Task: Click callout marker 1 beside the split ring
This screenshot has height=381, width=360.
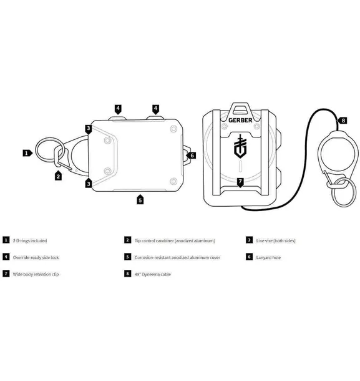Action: tap(27, 153)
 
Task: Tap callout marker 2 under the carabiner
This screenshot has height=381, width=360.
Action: tap(58, 176)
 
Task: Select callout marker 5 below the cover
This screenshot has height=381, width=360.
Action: tap(140, 199)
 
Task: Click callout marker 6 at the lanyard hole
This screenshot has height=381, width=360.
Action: tap(192, 156)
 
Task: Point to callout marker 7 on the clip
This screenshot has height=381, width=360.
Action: tap(240, 182)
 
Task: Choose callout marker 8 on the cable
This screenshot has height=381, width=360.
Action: tap(342, 121)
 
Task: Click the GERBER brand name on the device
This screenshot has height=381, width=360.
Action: tap(240, 120)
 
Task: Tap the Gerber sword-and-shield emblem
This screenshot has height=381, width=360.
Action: tap(240, 146)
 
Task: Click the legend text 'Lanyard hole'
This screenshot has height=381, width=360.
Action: tap(268, 257)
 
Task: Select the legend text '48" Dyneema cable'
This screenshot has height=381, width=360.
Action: tap(153, 274)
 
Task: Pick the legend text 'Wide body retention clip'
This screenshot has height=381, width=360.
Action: tap(36, 274)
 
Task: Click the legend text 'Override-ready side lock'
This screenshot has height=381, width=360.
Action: tap(36, 257)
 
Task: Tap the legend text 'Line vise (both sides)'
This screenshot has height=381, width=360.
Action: tap(276, 241)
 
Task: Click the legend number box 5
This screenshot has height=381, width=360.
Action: tap(128, 257)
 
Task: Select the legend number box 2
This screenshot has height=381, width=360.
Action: tap(128, 240)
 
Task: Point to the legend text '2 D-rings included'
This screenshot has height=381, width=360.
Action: tap(30, 241)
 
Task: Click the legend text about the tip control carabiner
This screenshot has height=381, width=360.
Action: tap(175, 241)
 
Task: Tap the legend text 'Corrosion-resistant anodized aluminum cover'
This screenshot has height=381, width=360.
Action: tap(177, 257)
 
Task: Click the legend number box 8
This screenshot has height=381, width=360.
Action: tap(128, 274)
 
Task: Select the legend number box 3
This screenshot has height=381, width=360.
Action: tap(249, 240)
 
